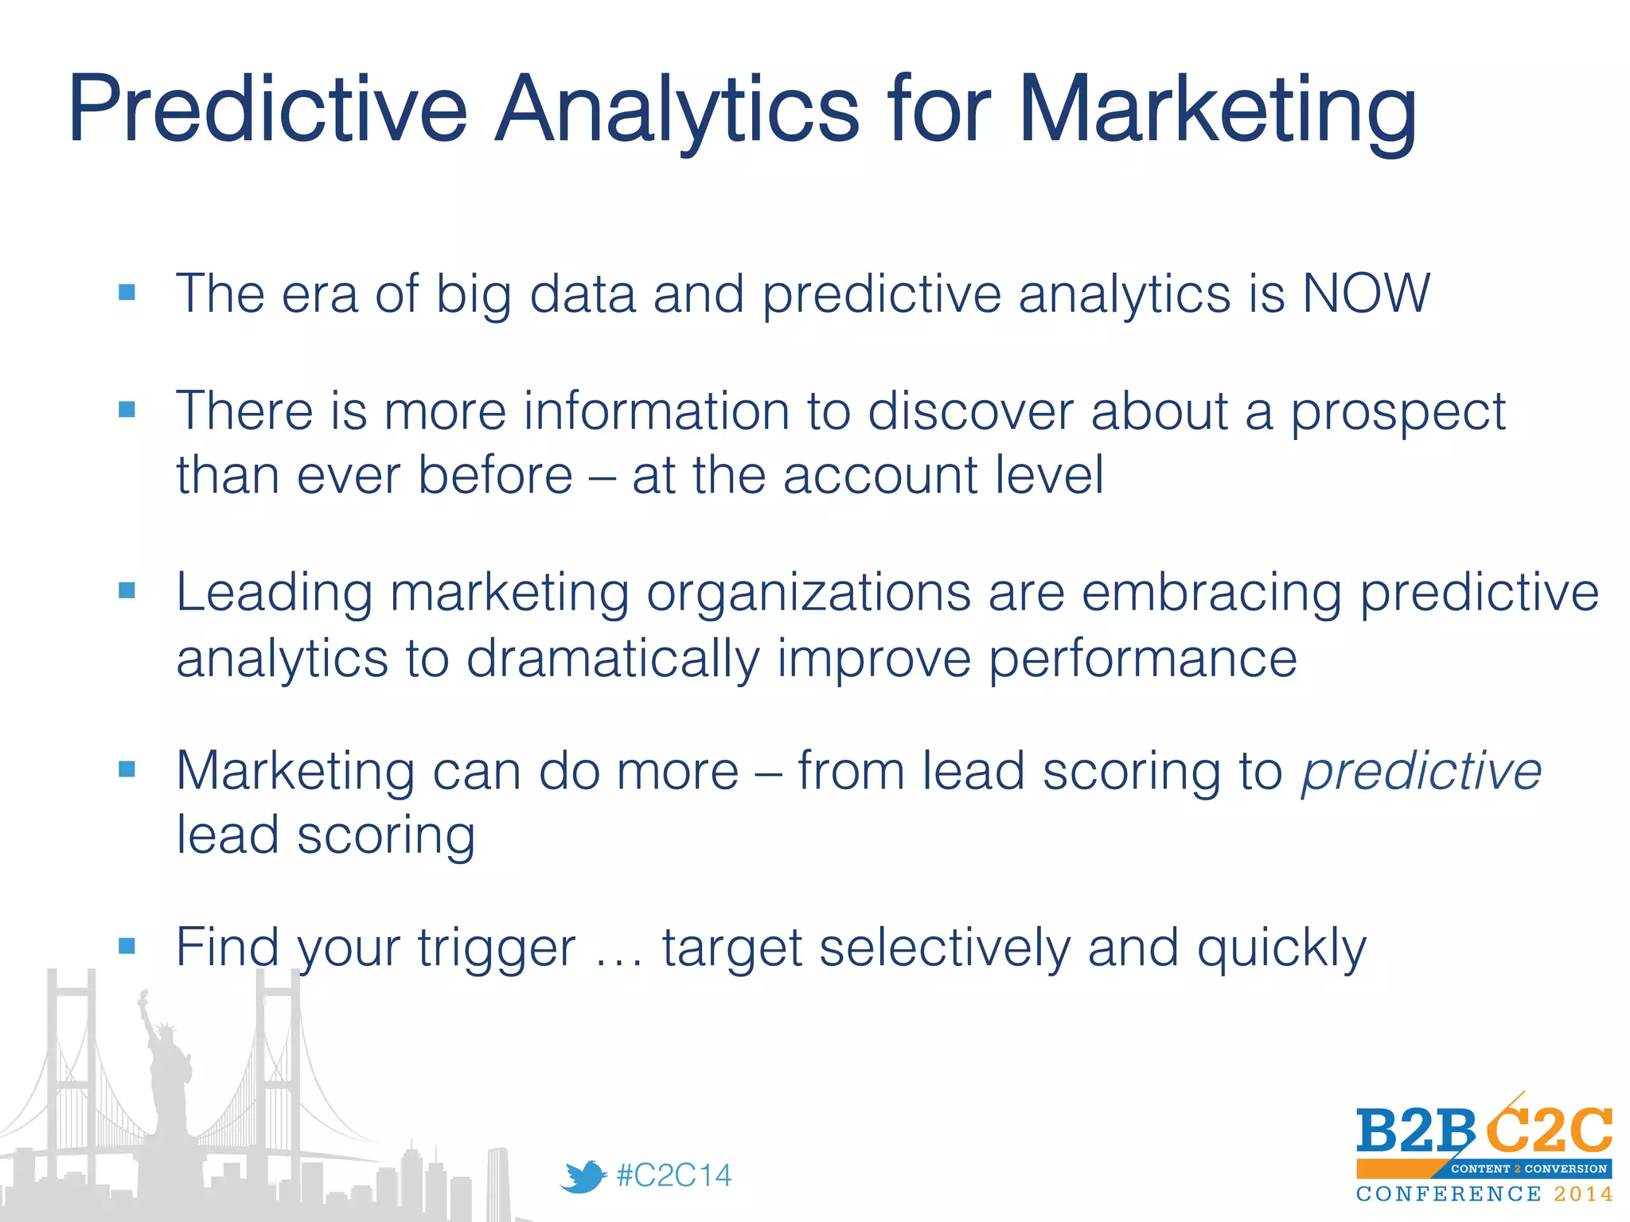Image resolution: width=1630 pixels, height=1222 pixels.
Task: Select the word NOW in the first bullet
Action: [x=1366, y=294]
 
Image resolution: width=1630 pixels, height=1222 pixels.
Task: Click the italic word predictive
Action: [x=1421, y=772]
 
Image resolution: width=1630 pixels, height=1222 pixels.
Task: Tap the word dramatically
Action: [x=613, y=660]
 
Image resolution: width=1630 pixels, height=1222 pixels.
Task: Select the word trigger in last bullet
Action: [x=497, y=948]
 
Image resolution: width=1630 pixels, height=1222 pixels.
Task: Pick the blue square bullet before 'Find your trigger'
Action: [x=127, y=946]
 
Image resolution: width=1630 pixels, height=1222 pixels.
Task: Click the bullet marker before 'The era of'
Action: [x=127, y=293]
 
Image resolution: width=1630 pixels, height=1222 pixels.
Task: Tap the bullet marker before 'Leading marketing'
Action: [x=127, y=590]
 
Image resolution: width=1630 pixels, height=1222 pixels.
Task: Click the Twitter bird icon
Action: [x=583, y=1177]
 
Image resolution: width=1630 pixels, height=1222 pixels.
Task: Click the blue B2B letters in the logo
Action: [x=1415, y=1132]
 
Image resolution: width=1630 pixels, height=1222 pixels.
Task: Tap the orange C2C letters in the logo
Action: [x=1549, y=1130]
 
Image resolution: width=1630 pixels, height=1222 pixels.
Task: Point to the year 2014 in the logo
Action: [x=1583, y=1194]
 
